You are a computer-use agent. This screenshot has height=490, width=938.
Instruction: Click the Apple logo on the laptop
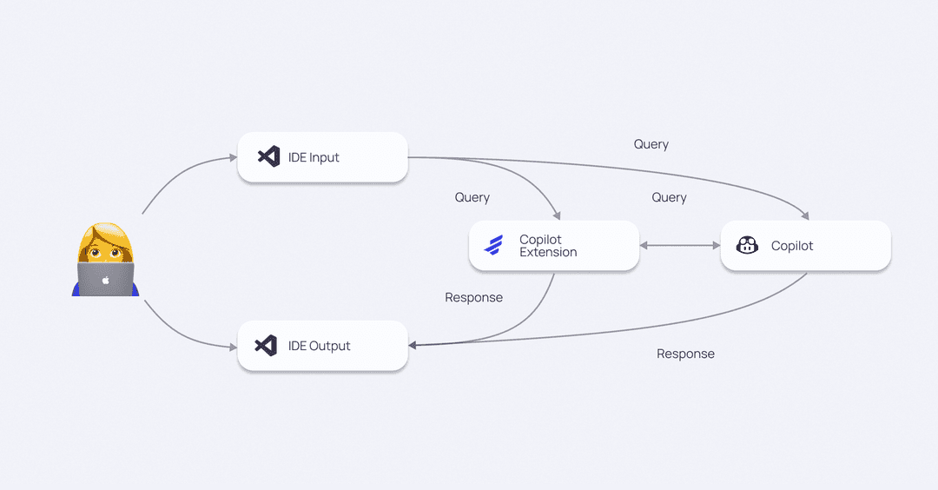(106, 280)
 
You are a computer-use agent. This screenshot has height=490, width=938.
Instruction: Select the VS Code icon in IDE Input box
(268, 157)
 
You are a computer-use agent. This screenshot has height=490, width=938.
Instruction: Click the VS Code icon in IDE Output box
(266, 345)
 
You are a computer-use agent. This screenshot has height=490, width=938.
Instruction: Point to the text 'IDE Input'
(314, 157)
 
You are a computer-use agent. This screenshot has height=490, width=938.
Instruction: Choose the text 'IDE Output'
(319, 346)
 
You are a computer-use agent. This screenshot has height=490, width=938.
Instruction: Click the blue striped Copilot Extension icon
(493, 246)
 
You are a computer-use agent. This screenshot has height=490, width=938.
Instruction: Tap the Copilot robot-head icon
(747, 246)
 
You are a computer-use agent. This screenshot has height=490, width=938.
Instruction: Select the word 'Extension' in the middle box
(548, 252)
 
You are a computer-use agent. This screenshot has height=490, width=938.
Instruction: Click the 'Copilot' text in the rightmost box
(792, 246)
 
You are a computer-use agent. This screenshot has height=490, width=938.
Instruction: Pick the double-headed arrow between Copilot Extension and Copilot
(680, 246)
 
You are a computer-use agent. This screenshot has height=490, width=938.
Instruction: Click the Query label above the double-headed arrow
(669, 197)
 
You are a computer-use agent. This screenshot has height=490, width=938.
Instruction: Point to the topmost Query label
(651, 144)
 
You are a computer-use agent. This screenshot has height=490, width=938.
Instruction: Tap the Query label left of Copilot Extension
(472, 197)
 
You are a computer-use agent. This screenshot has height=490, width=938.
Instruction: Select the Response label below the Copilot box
(685, 354)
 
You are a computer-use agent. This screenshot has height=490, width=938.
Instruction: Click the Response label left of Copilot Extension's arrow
(473, 297)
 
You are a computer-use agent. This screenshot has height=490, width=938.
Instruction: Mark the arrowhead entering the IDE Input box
(233, 157)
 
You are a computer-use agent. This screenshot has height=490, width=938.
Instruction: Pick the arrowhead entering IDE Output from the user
(233, 347)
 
